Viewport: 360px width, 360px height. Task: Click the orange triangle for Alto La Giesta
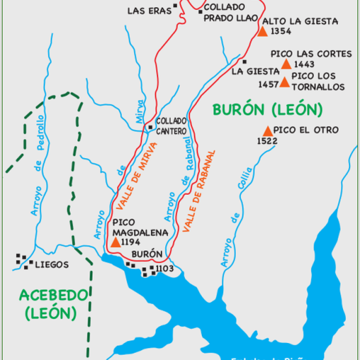(262, 31)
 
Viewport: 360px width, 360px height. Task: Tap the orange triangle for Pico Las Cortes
(286, 64)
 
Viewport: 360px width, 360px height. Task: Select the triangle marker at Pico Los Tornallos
(284, 82)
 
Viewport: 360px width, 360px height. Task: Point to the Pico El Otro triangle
(268, 131)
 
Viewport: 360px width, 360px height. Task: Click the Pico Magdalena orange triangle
(115, 242)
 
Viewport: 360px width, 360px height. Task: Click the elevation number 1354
(280, 32)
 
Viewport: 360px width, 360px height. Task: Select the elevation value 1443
(305, 64)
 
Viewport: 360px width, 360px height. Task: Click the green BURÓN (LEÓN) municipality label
(267, 109)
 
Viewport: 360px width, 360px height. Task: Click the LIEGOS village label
(52, 265)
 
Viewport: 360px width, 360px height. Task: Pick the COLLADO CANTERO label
(172, 126)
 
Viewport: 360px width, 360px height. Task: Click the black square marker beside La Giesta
(244, 62)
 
